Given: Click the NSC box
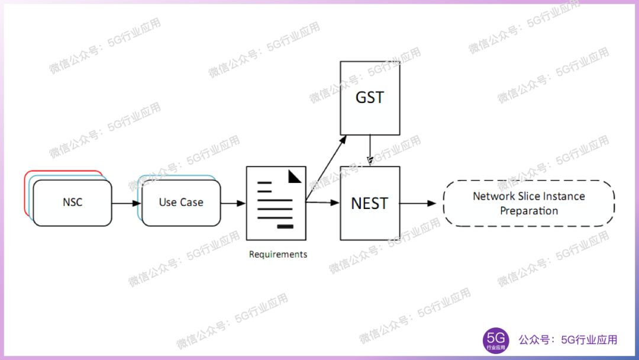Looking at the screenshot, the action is (72, 202).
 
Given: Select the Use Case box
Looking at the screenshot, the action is (181, 202).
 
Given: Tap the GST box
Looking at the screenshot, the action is (370, 98).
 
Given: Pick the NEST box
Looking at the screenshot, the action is (370, 203).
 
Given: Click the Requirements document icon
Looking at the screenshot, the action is (276, 203).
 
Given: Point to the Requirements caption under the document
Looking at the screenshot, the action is (278, 255).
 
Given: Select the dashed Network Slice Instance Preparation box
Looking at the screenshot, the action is (529, 203).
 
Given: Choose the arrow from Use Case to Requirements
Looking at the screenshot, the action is (233, 203).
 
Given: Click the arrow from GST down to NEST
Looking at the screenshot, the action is (370, 150).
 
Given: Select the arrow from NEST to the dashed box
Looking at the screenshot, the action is (421, 203).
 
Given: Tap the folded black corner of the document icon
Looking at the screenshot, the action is (295, 176).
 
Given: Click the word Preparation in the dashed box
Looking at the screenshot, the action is (529, 211).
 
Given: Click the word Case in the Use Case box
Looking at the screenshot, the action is (192, 202).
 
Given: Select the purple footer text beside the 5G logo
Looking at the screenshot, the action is (567, 340).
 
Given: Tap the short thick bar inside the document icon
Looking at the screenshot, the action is (285, 226).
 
